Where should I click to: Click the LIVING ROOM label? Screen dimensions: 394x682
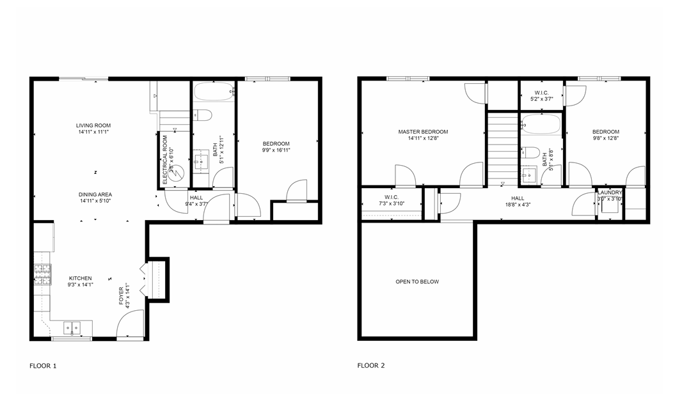94,125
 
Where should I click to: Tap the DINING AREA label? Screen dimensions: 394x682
95,194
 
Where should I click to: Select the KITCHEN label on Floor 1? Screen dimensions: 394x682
81,278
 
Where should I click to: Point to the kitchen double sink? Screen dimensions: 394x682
72,328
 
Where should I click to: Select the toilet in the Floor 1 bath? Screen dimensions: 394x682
202,115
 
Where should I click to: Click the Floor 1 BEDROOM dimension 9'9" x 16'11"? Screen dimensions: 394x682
276,151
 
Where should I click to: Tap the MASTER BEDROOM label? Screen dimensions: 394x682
423,132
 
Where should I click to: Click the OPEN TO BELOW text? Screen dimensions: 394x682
417,281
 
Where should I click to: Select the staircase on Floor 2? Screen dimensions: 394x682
502,147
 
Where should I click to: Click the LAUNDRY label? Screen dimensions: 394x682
610,192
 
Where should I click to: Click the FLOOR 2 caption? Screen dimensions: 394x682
371,366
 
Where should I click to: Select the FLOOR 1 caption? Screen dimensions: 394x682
44,366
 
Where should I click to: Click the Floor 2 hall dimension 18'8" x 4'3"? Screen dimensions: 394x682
518,205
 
